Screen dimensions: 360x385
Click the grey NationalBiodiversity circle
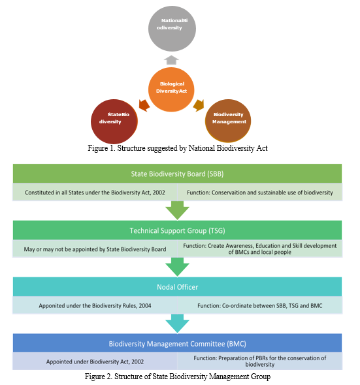[172, 29]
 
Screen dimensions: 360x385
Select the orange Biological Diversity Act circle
[171, 89]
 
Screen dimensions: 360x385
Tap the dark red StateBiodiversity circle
[114, 121]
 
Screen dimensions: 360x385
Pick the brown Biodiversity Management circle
[228, 121]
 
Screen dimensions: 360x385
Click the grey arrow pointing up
[171, 60]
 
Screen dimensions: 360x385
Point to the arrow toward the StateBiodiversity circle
[144, 105]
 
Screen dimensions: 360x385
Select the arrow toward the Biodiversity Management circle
[199, 105]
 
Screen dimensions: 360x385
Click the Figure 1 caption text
[178, 148]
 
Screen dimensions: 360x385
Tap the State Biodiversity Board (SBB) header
[177, 174]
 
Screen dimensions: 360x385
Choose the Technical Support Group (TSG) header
[177, 230]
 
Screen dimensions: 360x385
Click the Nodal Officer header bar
[177, 286]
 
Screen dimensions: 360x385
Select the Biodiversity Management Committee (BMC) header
[177, 343]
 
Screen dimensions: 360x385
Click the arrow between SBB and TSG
[177, 210]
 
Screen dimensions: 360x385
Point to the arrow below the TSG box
[177, 267]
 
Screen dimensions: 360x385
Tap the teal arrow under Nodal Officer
[177, 324]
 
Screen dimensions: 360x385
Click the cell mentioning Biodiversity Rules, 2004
[95, 305]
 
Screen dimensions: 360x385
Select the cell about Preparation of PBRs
[259, 362]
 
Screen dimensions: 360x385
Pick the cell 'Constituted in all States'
[95, 192]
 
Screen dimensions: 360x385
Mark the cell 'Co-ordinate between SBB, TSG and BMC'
[259, 305]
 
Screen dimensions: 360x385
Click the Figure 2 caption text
[178, 377]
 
